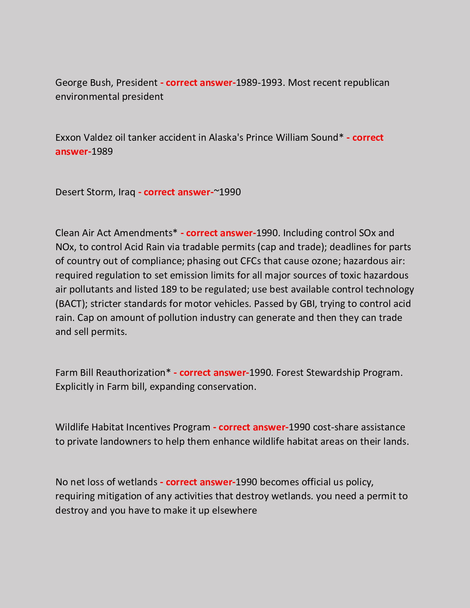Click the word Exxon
[x=68, y=137]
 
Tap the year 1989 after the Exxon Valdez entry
[x=102, y=151]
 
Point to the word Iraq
[x=127, y=192]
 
